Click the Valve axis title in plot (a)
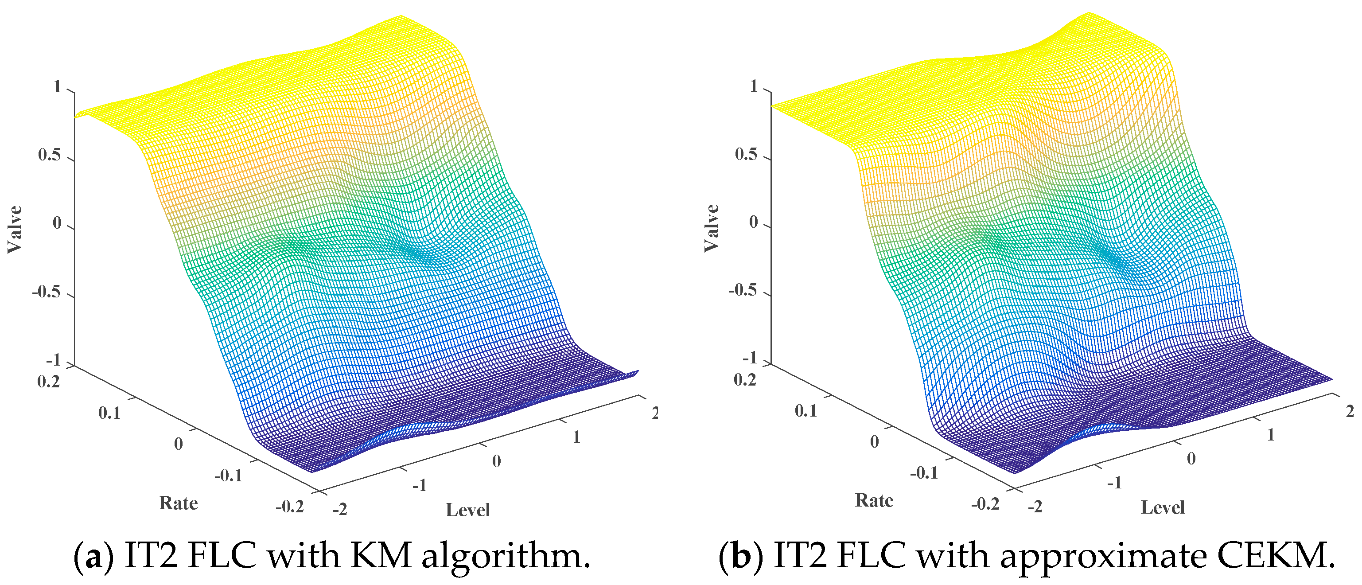coord(14,230)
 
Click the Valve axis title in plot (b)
coord(712,228)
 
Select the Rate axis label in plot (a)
coord(178,503)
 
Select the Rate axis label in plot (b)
coord(874,500)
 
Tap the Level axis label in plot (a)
coord(467,510)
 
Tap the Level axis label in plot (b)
coord(1162,508)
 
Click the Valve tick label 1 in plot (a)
coord(58,87)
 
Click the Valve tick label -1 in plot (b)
coord(750,359)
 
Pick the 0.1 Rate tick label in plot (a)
coord(109,413)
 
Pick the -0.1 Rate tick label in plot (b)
coord(924,473)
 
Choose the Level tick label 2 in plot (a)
coord(654,413)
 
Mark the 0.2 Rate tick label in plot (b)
coord(744,380)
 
